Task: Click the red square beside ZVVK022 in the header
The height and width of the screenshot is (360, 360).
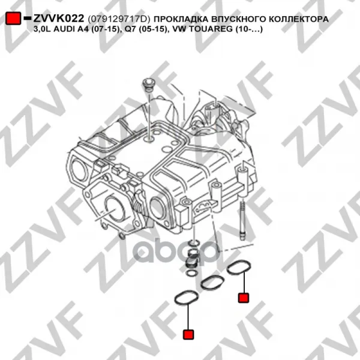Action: click(13, 18)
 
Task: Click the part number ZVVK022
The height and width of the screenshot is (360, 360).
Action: click(59, 19)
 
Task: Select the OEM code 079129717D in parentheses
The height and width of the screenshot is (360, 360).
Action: click(119, 19)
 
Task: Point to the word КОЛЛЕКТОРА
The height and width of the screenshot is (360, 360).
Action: click(298, 19)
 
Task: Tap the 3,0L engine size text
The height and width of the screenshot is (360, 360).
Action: click(43, 29)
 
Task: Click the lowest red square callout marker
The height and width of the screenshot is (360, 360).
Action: click(188, 334)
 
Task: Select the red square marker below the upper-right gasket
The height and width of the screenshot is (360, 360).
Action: click(244, 298)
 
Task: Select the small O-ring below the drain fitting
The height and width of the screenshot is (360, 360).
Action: click(191, 273)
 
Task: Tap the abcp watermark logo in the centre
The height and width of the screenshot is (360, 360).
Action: click(176, 252)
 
